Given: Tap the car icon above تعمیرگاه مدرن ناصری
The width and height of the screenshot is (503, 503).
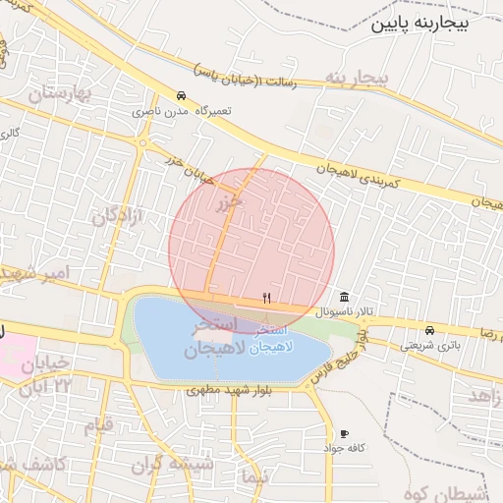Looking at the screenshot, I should (182, 96).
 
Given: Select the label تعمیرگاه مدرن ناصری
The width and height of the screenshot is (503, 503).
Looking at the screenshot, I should (185, 111).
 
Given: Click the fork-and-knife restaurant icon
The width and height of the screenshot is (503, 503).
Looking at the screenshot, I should (266, 297).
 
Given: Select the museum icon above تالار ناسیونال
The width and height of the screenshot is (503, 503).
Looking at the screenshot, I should (343, 297).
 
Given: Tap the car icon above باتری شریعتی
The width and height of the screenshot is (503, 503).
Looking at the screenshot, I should (430, 330).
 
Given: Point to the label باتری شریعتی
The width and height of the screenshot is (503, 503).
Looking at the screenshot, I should (429, 345).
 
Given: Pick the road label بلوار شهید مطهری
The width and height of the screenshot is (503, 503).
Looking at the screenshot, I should (228, 390).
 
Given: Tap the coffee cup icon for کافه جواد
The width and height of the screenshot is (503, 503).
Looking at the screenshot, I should (344, 433).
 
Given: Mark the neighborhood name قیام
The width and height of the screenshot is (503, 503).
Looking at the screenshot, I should (100, 426).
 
